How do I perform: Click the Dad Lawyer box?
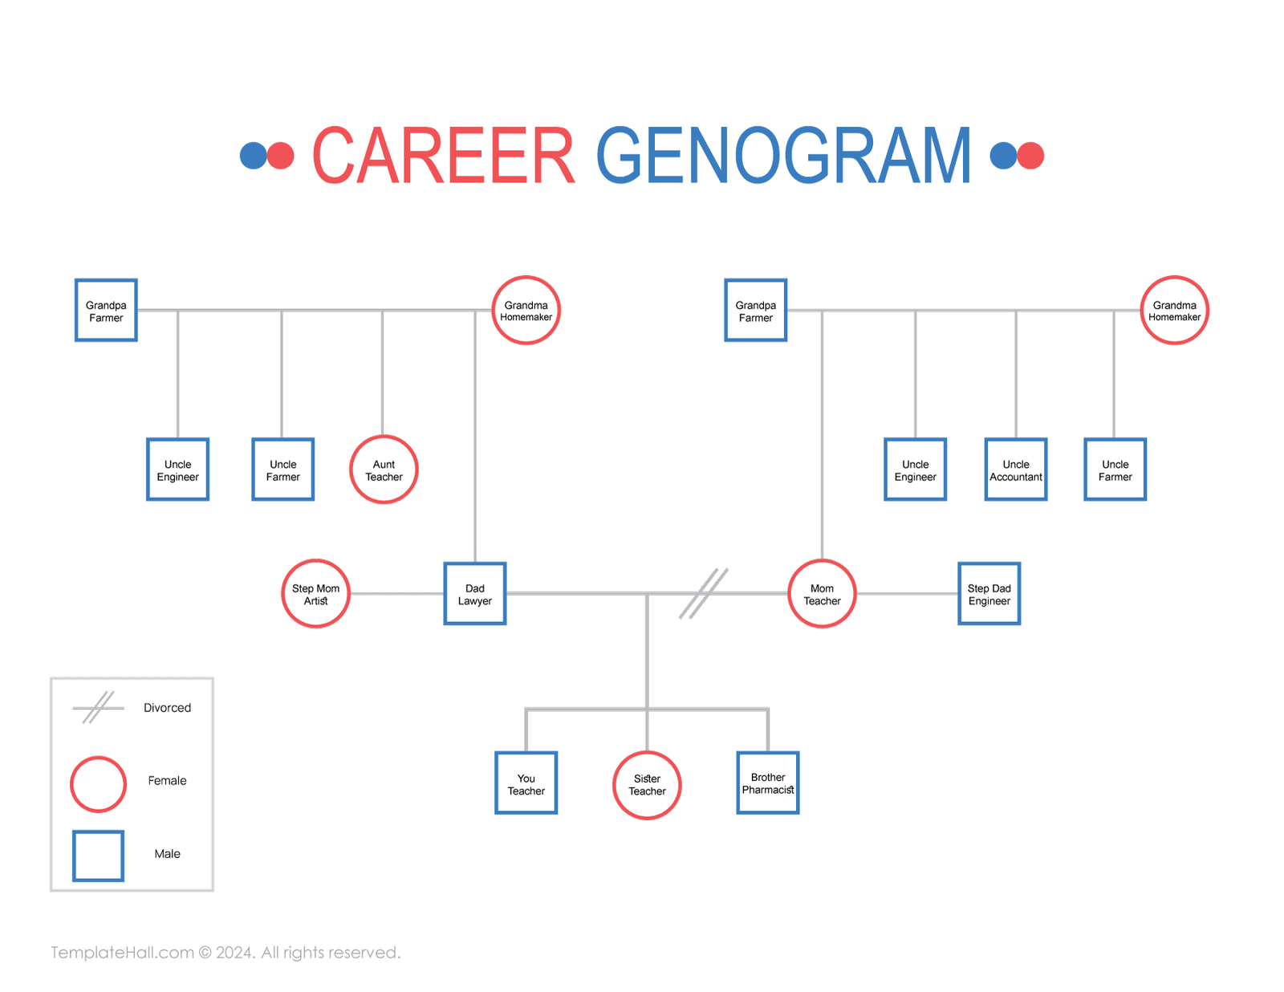pyautogui.click(x=474, y=594)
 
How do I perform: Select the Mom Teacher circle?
pyautogui.click(x=822, y=594)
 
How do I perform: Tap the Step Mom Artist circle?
pyautogui.click(x=315, y=594)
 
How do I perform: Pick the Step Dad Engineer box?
pyautogui.click(x=989, y=594)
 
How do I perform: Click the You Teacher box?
pyautogui.click(x=526, y=783)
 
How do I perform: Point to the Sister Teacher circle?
pyautogui.click(x=647, y=785)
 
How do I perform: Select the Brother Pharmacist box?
pyautogui.click(x=767, y=783)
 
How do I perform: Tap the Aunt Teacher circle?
pyautogui.click(x=384, y=470)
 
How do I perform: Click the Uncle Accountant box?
pyautogui.click(x=1015, y=470)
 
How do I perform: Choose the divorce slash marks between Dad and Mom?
pyautogui.click(x=704, y=594)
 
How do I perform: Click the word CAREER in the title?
pyautogui.click(x=443, y=156)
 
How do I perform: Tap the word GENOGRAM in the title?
pyautogui.click(x=783, y=156)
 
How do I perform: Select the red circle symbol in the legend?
pyautogui.click(x=98, y=783)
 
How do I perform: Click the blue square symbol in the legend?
pyautogui.click(x=98, y=856)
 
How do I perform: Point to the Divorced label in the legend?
pyautogui.click(x=167, y=708)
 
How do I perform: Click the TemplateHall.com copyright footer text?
pyautogui.click(x=226, y=953)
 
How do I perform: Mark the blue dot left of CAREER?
pyautogui.click(x=253, y=156)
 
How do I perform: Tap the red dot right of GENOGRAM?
pyautogui.click(x=1030, y=156)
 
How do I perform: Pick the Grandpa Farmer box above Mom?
pyautogui.click(x=755, y=311)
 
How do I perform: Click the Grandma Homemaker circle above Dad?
pyautogui.click(x=526, y=311)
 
